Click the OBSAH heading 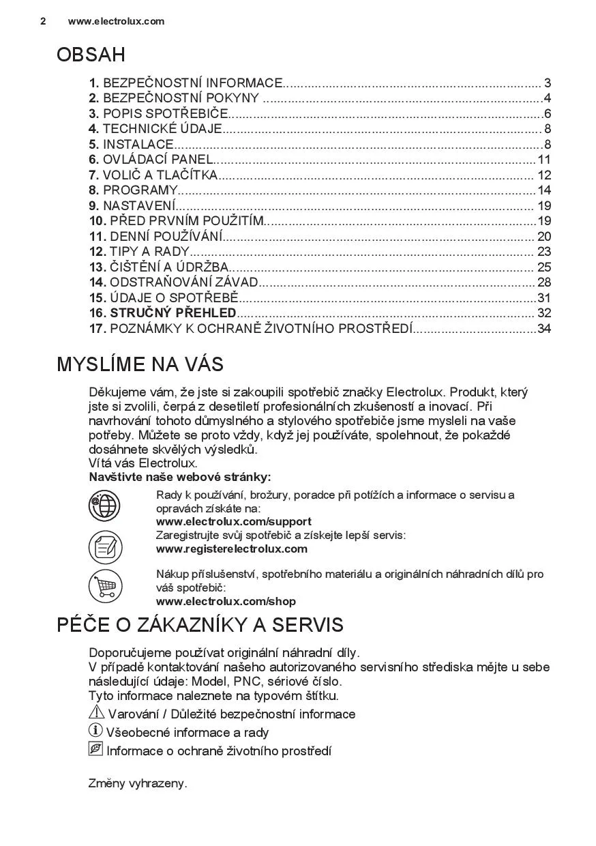pyautogui.click(x=91, y=55)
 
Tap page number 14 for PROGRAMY pyautogui.click(x=544, y=190)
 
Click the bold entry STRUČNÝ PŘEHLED pyautogui.click(x=173, y=313)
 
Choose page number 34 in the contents pyautogui.click(x=544, y=329)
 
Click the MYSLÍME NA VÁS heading pyautogui.click(x=140, y=364)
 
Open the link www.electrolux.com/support pyautogui.click(x=233, y=522)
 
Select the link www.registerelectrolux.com pyautogui.click(x=231, y=549)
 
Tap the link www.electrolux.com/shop pyautogui.click(x=226, y=601)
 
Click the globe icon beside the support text pyautogui.click(x=104, y=506)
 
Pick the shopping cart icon pyautogui.click(x=104, y=586)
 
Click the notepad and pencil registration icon pyautogui.click(x=104, y=546)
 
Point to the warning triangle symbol pyautogui.click(x=96, y=713)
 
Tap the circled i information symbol pyautogui.click(x=95, y=731)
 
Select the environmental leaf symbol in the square pyautogui.click(x=95, y=750)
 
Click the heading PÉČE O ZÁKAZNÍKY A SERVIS pyautogui.click(x=200, y=625)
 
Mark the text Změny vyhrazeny pyautogui.click(x=138, y=784)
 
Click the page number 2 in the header pyautogui.click(x=43, y=21)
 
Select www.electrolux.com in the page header pyautogui.click(x=116, y=21)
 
